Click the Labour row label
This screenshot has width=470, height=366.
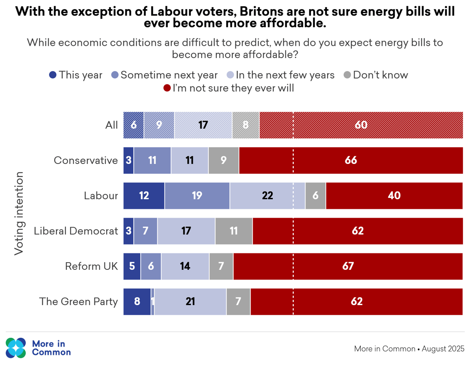click(101, 196)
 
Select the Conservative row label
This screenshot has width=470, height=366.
click(86, 161)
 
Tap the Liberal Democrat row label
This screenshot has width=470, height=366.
click(76, 231)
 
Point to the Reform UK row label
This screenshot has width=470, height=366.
click(91, 266)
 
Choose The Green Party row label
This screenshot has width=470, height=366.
click(78, 302)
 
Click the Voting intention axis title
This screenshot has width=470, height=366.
click(19, 213)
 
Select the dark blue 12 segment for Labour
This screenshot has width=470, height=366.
click(144, 196)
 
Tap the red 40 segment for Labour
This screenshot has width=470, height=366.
click(394, 196)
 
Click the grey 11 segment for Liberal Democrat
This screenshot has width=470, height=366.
click(234, 231)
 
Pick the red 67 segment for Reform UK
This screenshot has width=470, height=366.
click(348, 266)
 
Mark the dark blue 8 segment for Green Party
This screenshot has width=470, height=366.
click(137, 302)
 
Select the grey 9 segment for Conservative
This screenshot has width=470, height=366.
click(224, 161)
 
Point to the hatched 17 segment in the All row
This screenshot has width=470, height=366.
click(203, 125)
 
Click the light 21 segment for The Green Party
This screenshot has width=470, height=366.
click(190, 302)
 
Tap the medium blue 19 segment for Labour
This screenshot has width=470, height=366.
click(197, 196)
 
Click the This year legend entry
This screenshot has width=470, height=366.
click(76, 75)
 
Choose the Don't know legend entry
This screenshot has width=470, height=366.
click(376, 75)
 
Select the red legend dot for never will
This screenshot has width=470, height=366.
click(167, 88)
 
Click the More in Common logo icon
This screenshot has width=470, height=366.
click(16, 348)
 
